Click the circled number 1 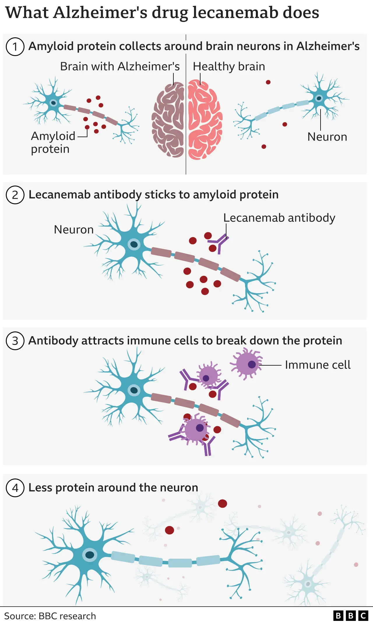point(15,47)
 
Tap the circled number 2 point(15,195)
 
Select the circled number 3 point(15,341)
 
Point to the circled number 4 point(15,488)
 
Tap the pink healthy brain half point(204,120)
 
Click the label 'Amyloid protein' point(52,142)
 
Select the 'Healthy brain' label point(229,67)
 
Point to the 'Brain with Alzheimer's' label point(120,67)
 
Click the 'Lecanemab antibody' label point(279,218)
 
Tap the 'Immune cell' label point(318,365)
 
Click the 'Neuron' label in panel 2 point(74,230)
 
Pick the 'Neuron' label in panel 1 point(327,137)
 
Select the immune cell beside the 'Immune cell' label point(247,364)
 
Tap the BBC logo point(351,616)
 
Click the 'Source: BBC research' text point(50,616)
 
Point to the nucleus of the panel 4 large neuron point(89,555)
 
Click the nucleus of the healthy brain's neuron point(319,98)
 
